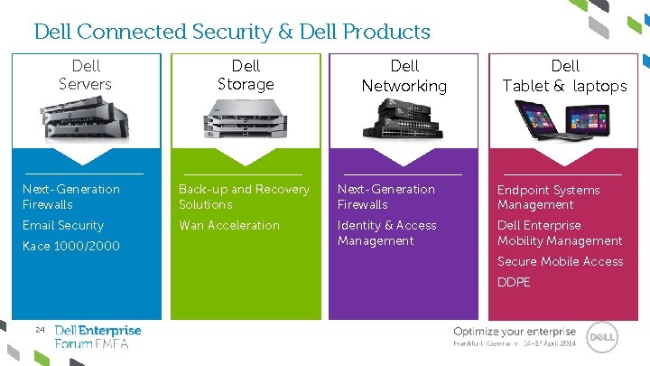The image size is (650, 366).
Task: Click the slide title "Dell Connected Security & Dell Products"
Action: click(232, 32)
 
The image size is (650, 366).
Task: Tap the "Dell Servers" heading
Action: click(85, 75)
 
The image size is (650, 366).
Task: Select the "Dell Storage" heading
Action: click(246, 75)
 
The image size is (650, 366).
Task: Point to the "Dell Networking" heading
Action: click(404, 76)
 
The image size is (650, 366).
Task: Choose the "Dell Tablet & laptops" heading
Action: click(565, 76)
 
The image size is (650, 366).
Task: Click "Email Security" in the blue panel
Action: click(63, 225)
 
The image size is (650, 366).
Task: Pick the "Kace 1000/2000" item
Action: click(71, 246)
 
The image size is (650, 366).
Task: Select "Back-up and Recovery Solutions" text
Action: click(244, 197)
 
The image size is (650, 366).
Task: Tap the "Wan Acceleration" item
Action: click(229, 225)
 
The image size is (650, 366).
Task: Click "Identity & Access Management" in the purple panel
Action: click(386, 233)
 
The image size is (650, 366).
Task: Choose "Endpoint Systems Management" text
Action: click(549, 197)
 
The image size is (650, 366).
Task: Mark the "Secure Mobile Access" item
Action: click(561, 261)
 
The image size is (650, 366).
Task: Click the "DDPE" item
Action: click(514, 282)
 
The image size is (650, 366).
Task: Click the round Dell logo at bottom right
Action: click(601, 338)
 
